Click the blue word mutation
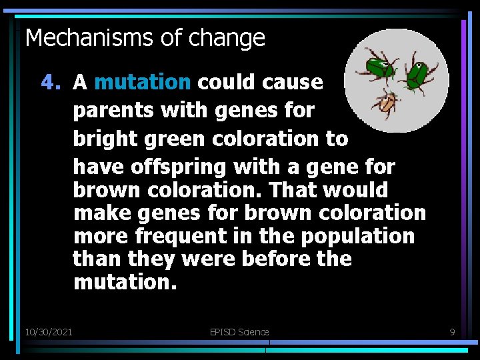143,83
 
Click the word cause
293,83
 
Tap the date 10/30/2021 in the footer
49,331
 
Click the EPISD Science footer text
238,331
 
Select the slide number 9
451,331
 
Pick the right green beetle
418,74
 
